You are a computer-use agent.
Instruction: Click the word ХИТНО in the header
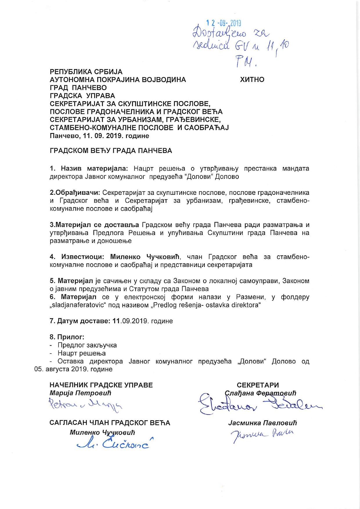(252, 80)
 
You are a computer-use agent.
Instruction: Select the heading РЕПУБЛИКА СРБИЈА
(86, 71)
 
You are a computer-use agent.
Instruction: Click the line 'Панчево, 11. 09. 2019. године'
(100, 136)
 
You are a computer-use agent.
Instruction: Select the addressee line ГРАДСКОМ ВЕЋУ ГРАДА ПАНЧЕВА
(111, 151)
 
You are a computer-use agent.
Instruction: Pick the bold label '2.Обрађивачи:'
(75, 193)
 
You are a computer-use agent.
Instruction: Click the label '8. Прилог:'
(67, 337)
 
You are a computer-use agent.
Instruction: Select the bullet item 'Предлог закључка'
(87, 345)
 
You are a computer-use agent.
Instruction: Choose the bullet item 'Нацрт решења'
(82, 353)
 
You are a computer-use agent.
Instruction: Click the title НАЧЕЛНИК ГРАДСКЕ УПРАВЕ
(101, 385)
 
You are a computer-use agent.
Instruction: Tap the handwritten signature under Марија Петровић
(86, 404)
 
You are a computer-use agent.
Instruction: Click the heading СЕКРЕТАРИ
(258, 385)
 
